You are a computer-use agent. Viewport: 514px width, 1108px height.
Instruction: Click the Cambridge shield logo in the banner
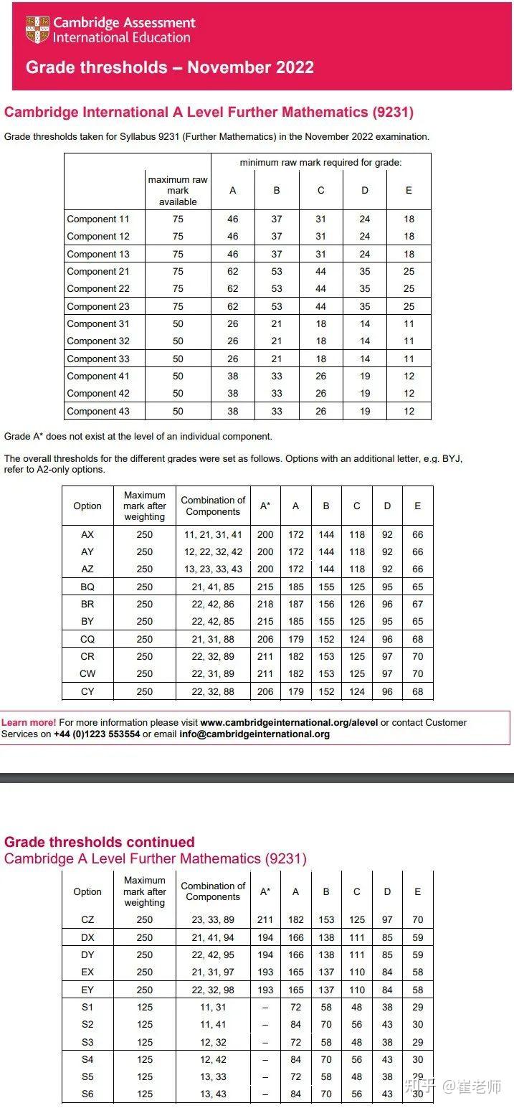point(37,29)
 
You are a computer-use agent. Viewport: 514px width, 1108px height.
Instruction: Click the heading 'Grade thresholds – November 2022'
point(170,67)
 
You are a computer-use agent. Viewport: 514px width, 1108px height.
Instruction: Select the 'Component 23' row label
point(98,306)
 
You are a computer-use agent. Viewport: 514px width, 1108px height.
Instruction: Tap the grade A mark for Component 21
point(232,272)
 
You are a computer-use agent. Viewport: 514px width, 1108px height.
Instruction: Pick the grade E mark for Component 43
point(409,412)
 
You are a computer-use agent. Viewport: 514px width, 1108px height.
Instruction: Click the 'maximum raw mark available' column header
point(178,191)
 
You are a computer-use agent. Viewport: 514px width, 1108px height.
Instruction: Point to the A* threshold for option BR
point(265,605)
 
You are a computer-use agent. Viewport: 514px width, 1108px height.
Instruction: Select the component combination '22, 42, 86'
point(213,605)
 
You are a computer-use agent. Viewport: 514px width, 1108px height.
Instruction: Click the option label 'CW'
point(87,674)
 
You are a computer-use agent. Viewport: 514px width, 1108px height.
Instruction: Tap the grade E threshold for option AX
point(418,535)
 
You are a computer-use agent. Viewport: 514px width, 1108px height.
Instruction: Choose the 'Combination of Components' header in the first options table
point(213,506)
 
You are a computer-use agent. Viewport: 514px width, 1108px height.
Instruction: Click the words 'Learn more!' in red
point(29,722)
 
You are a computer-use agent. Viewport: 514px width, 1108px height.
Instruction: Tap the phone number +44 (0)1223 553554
point(97,734)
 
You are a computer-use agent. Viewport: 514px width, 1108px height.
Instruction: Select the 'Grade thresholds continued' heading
point(100,842)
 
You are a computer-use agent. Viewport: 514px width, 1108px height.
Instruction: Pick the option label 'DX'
point(87,937)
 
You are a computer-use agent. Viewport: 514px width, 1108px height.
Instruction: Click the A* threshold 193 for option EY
point(265,990)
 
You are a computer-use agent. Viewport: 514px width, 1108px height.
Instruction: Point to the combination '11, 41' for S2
point(213,1025)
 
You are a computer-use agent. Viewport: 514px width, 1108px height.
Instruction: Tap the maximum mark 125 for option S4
point(145,1060)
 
